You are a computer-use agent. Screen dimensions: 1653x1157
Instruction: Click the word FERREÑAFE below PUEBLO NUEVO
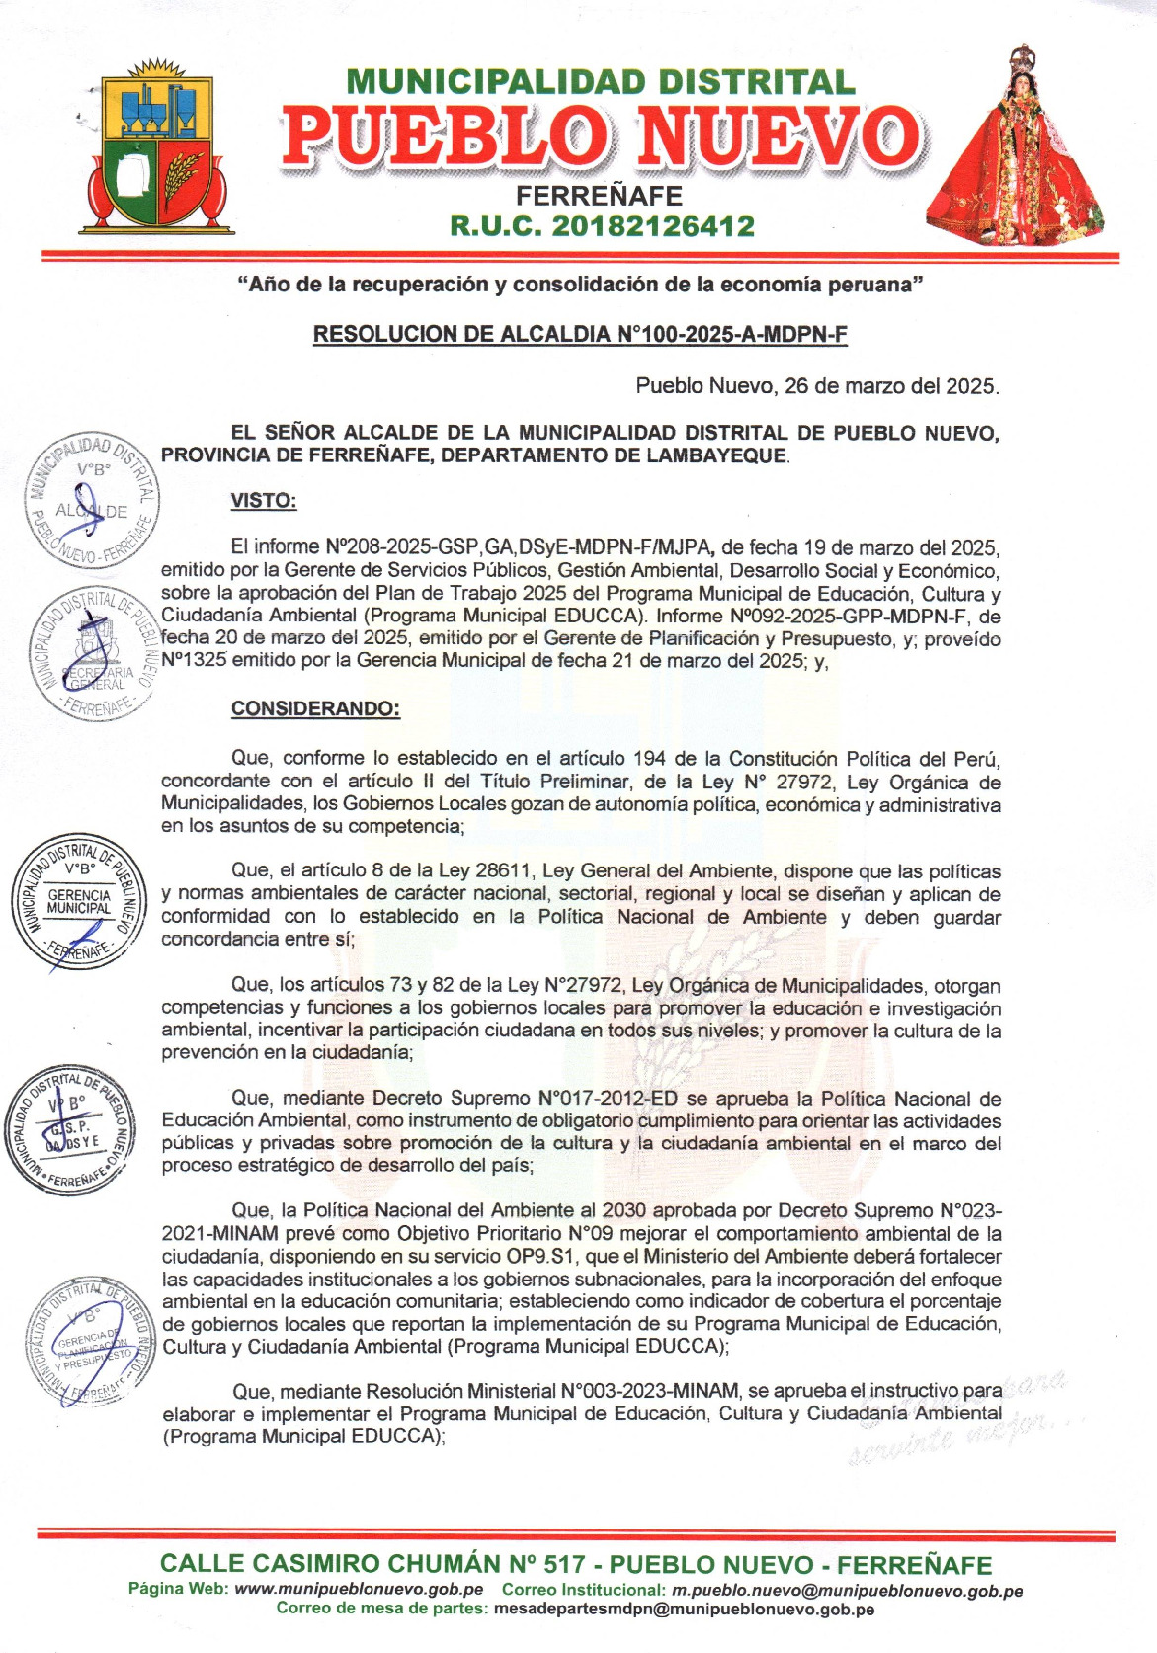point(599,196)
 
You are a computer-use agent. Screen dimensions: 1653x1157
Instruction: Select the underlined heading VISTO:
point(264,501)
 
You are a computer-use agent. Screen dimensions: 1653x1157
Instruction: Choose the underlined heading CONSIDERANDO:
point(315,708)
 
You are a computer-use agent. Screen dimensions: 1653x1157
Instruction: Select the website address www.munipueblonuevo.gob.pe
point(359,1590)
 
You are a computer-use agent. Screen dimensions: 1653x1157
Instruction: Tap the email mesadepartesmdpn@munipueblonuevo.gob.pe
point(684,1609)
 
